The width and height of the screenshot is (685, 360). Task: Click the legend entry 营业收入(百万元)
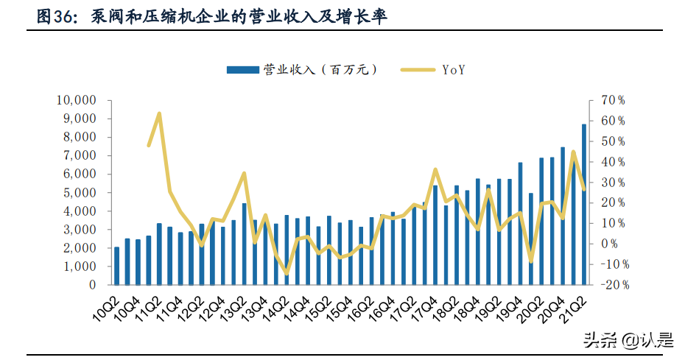tap(303, 70)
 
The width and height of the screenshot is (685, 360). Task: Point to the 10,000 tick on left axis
tap(77, 100)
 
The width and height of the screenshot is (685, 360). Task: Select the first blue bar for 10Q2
tap(116, 266)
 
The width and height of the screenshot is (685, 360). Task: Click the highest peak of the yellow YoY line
tap(159, 113)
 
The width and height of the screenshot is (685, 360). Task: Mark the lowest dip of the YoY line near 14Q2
tap(287, 274)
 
